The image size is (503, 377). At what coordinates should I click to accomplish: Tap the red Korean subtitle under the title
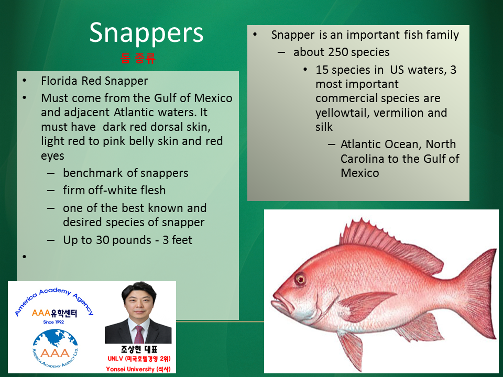point(138,58)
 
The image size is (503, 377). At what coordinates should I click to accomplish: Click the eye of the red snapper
point(300,279)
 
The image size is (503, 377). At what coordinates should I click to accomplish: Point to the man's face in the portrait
point(139,303)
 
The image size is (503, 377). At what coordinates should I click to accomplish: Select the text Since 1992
point(53,322)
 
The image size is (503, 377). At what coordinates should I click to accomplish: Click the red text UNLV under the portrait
point(115,358)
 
